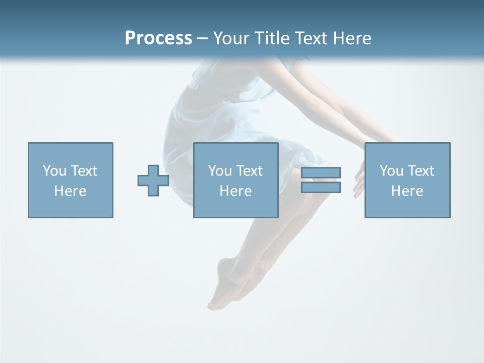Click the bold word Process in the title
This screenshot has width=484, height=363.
point(158,38)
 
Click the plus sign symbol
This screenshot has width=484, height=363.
point(153,180)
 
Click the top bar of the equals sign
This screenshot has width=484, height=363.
point(321,172)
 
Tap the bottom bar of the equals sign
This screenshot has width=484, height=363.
point(321,188)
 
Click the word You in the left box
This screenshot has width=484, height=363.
point(54,171)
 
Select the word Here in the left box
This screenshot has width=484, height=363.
point(70,191)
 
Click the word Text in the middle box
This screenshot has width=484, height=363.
point(249,171)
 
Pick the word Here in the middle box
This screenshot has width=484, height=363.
point(235,191)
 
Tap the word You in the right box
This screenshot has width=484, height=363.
point(391,171)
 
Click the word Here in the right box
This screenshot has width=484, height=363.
point(407,191)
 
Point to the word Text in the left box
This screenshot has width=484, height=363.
point(84,171)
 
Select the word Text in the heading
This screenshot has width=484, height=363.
point(309,38)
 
